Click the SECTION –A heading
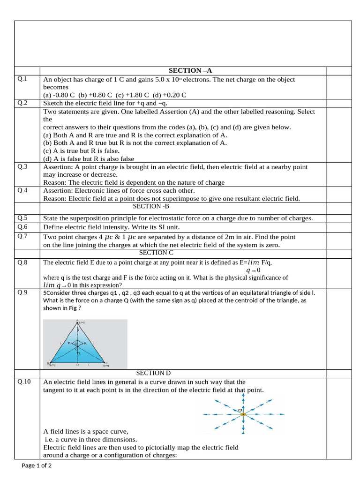(x=187, y=70)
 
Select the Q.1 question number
(x=22, y=79)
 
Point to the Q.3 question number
(x=22, y=166)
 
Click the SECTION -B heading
(x=151, y=206)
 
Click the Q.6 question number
(x=22, y=226)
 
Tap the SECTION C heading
(x=156, y=253)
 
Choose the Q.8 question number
(x=22, y=262)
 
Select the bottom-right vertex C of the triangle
(x=107, y=363)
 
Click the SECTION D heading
(x=153, y=373)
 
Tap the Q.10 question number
(x=24, y=382)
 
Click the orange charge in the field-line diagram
(x=243, y=414)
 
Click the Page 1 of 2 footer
(x=37, y=465)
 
